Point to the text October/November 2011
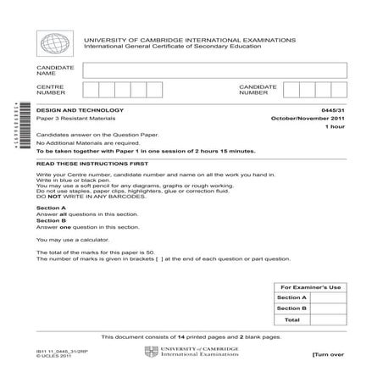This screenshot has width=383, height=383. [311, 118]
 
